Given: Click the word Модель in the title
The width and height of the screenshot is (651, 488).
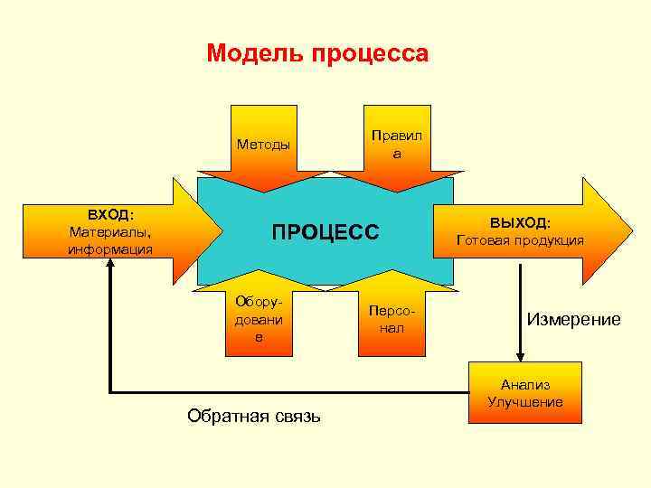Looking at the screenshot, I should pyautogui.click(x=256, y=53).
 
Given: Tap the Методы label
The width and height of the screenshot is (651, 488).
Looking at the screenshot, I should pyautogui.click(x=263, y=144).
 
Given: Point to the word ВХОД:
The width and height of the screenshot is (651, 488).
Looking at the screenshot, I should pyautogui.click(x=110, y=215).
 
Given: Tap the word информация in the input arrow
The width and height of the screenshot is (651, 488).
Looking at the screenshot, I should pyautogui.click(x=110, y=249).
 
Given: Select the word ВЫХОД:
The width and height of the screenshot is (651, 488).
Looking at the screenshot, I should pyautogui.click(x=520, y=222).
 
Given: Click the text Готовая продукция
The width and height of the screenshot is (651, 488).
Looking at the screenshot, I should pyautogui.click(x=520, y=240).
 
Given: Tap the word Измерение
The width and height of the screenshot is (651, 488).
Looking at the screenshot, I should pyautogui.click(x=574, y=319).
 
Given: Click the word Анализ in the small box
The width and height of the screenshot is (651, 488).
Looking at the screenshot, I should pyautogui.click(x=525, y=384).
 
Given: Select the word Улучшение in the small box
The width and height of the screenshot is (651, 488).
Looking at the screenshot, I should pyautogui.click(x=525, y=401).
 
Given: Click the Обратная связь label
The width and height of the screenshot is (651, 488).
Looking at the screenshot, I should pyautogui.click(x=253, y=416).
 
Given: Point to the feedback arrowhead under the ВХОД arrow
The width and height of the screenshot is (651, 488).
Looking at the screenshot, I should pyautogui.click(x=109, y=267).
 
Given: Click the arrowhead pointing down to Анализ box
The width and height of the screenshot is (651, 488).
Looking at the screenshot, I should pyautogui.click(x=520, y=356).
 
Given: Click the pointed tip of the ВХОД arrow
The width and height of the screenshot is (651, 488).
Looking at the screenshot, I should pyautogui.click(x=222, y=230).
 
